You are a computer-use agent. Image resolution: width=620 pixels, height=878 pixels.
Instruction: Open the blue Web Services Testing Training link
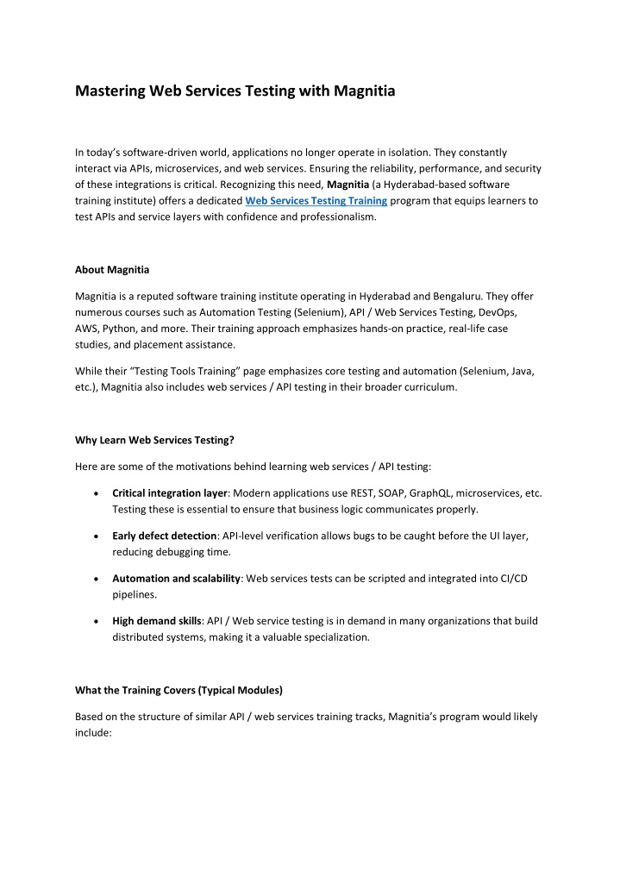click(x=316, y=200)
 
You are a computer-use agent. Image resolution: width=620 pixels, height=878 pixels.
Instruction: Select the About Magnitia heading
click(x=115, y=269)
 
